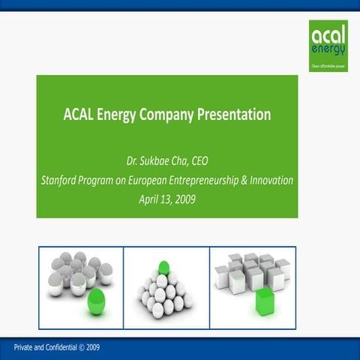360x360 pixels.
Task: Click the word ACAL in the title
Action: (x=79, y=115)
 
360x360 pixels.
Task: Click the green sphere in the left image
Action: (x=96, y=301)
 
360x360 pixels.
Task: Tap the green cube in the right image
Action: (x=265, y=301)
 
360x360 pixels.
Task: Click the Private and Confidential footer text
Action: (x=41, y=347)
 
